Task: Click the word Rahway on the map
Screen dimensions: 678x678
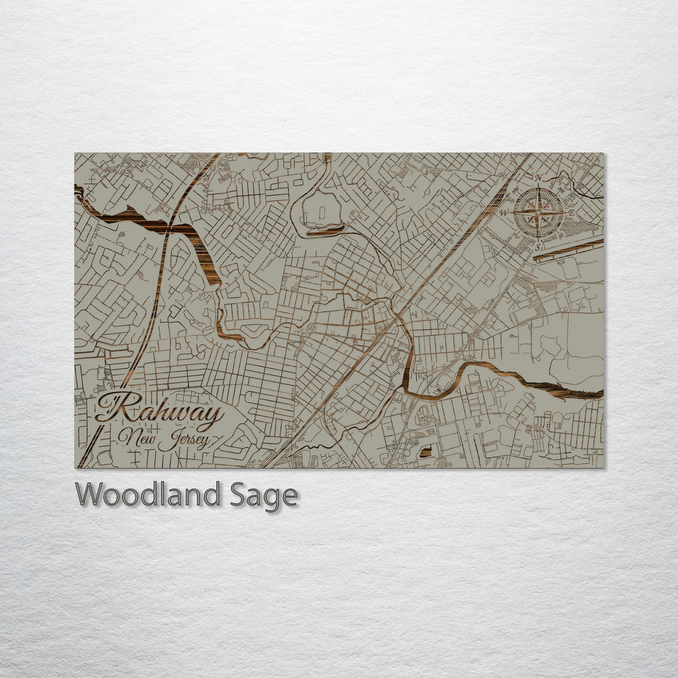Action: (x=160, y=412)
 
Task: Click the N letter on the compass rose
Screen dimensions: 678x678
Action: (x=538, y=178)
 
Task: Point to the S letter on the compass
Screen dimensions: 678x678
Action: (x=537, y=247)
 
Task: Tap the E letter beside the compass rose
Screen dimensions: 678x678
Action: (x=571, y=213)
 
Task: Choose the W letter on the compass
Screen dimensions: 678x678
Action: (x=503, y=213)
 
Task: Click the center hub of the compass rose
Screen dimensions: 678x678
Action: (x=538, y=213)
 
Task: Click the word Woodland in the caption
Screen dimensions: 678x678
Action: (x=148, y=495)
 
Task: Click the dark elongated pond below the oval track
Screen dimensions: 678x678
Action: (x=325, y=232)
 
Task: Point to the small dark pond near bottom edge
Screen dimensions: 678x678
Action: (x=426, y=452)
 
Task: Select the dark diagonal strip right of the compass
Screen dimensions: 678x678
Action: (x=568, y=248)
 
